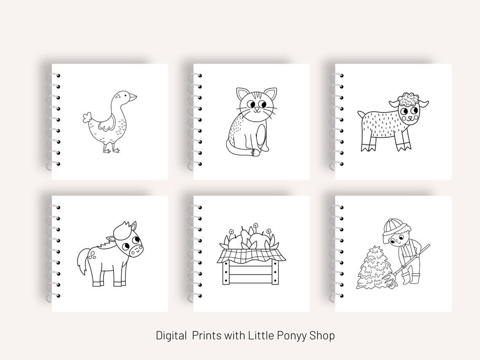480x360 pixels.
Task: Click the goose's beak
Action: coord(133,97)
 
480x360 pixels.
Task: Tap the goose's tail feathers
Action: coord(88,117)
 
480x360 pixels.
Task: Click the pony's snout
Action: coord(136,250)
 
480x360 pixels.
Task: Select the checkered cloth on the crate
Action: coord(252,254)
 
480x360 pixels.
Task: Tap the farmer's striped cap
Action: coord(392,226)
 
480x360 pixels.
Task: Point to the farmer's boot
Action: coord(406,279)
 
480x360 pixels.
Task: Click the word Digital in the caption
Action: coord(171,336)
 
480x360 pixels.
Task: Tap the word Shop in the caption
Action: coord(322,336)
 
